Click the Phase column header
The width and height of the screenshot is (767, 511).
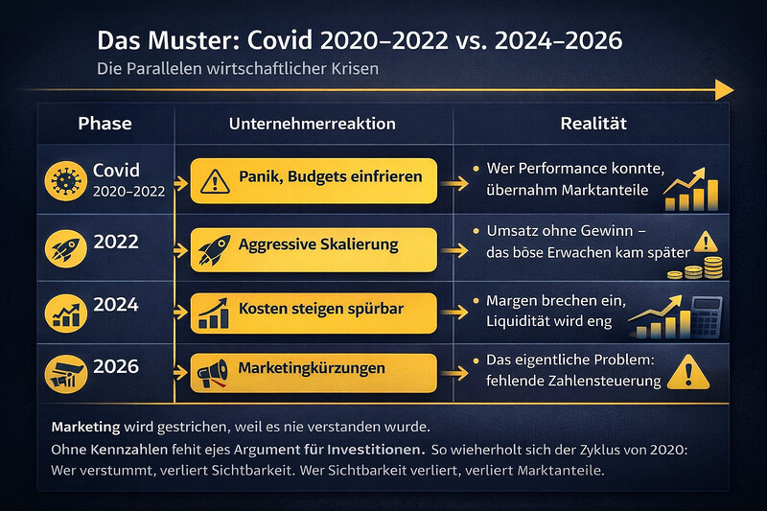coord(105,124)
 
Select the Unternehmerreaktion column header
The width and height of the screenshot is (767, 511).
coord(312,124)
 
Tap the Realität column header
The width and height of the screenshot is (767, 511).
coord(594,124)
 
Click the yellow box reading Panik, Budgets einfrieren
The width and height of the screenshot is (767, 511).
coord(314,178)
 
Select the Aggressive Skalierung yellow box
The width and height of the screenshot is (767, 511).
coord(314,245)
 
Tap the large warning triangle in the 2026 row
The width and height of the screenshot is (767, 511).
coord(690,371)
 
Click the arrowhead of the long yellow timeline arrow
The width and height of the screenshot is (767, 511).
coord(727,89)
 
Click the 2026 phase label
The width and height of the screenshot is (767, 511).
coord(115,366)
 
